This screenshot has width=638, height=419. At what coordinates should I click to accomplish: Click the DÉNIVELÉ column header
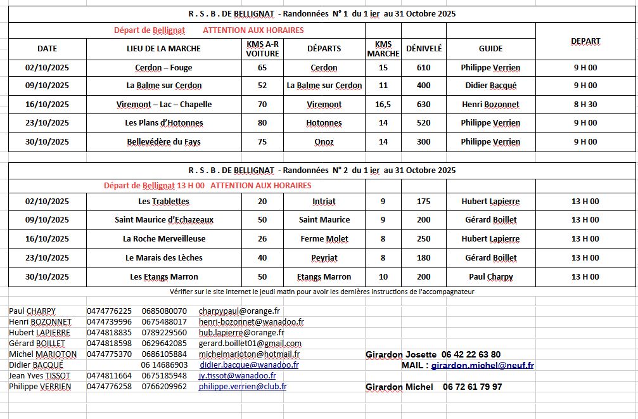click(424, 48)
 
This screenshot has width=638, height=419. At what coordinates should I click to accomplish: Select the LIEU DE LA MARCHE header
click(163, 48)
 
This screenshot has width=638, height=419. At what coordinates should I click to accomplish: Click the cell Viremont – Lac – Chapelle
click(163, 105)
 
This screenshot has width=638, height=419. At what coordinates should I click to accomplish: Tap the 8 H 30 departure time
click(585, 105)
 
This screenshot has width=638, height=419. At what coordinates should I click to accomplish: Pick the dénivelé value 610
click(424, 68)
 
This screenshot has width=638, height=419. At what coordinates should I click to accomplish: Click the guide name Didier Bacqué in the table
click(490, 86)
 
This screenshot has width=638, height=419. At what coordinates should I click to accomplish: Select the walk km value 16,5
click(383, 105)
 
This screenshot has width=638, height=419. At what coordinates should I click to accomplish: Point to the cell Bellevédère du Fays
click(163, 142)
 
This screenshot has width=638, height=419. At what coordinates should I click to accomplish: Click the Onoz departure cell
click(324, 142)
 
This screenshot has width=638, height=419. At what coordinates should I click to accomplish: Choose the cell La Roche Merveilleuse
click(163, 239)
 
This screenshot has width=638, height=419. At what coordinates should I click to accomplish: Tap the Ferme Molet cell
click(324, 239)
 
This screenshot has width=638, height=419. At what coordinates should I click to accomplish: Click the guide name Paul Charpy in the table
click(490, 277)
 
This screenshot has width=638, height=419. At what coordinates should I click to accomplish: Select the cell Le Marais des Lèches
click(163, 258)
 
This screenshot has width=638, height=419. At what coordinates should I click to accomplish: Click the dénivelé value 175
click(424, 202)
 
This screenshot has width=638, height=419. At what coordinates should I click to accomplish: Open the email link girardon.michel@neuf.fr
click(482, 365)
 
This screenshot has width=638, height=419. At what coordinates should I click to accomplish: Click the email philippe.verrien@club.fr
click(242, 386)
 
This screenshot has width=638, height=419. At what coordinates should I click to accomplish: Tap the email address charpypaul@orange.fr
click(239, 311)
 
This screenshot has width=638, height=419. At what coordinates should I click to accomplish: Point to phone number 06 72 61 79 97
click(472, 386)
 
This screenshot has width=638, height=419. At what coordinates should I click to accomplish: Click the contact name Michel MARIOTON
click(42, 354)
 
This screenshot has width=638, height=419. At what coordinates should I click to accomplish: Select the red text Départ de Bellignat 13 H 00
click(154, 186)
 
